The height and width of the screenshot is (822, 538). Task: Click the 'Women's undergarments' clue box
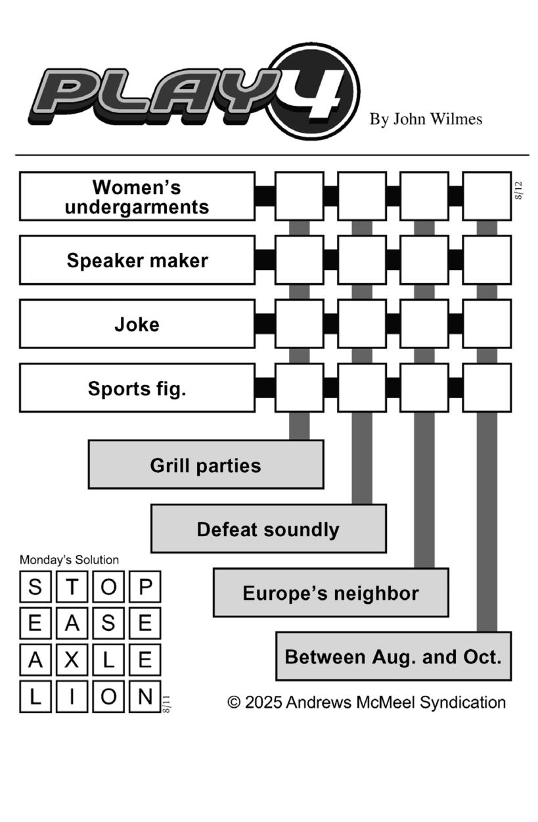[137, 196]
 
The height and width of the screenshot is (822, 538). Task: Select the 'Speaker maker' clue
[137, 260]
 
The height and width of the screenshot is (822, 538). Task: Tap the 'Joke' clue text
[137, 324]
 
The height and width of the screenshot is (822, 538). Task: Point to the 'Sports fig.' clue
[137, 388]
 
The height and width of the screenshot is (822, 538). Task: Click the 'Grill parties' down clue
[206, 465]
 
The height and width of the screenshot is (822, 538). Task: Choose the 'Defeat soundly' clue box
[269, 528]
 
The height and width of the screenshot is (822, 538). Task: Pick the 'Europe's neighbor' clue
[331, 592]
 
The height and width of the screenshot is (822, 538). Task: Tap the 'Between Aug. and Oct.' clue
[393, 656]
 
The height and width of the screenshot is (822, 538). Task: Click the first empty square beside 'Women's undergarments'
[300, 196]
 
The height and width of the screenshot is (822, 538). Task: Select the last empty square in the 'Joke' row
[487, 324]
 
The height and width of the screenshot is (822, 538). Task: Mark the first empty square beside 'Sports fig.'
[300, 388]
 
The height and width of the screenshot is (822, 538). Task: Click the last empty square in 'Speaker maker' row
[487, 260]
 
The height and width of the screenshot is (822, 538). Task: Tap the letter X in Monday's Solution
[72, 660]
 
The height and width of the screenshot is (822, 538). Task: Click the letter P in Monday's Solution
[145, 587]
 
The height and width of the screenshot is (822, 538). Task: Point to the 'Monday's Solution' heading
[69, 560]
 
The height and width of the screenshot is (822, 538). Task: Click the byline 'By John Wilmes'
[426, 119]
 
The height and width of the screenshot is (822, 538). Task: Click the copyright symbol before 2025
[234, 702]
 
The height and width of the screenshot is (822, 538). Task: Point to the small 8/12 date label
[518, 191]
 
